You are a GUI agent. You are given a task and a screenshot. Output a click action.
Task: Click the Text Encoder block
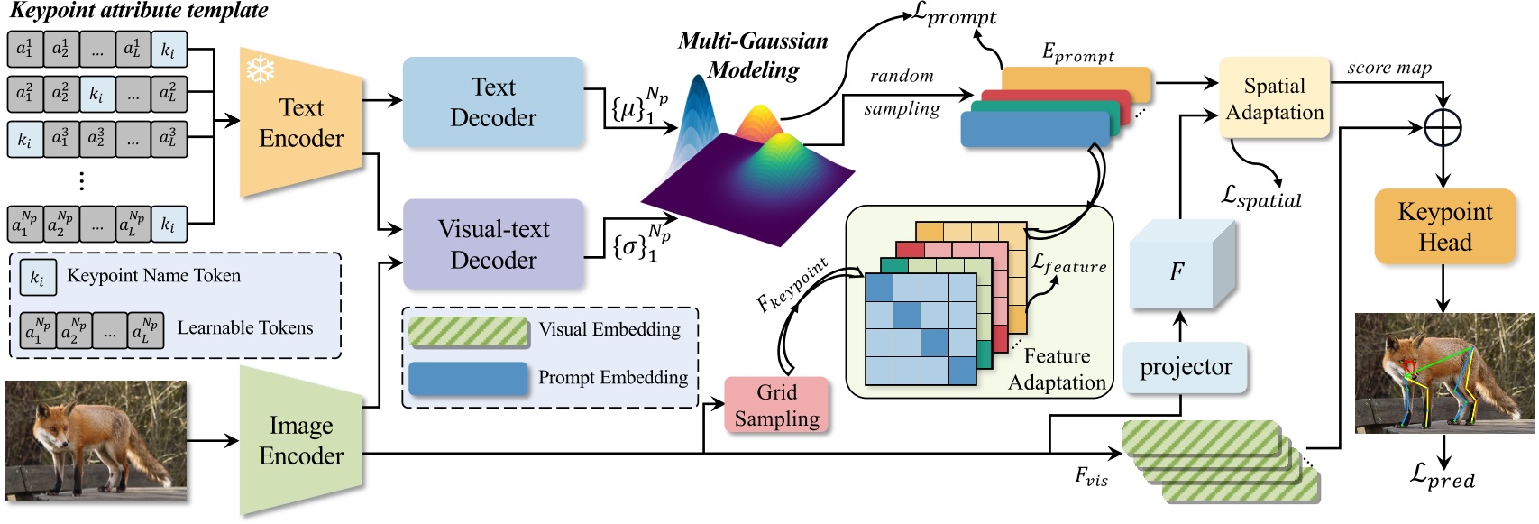301,123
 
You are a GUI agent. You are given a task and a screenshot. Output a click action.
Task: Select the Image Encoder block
301,440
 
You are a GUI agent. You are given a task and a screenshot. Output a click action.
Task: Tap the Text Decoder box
492,102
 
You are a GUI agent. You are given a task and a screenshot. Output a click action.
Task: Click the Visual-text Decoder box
492,244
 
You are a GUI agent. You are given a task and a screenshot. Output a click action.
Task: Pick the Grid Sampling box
776,405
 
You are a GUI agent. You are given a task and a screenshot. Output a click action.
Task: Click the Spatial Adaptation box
1274,98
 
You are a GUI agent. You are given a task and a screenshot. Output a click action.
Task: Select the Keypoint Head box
1444,226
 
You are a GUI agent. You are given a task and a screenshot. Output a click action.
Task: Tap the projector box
1185,367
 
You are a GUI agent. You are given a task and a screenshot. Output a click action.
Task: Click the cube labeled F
1177,271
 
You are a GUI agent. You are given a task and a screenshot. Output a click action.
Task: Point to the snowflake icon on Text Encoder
261,69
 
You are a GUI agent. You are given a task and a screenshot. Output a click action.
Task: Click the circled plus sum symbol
1443,128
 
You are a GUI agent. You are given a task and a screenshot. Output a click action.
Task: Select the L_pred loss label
1443,475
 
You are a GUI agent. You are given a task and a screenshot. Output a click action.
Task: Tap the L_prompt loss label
955,15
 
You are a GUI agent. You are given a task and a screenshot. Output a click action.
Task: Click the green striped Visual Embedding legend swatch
469,331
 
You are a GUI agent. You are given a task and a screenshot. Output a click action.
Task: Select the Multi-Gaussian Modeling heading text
753,55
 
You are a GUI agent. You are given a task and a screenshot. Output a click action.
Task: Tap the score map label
1388,68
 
